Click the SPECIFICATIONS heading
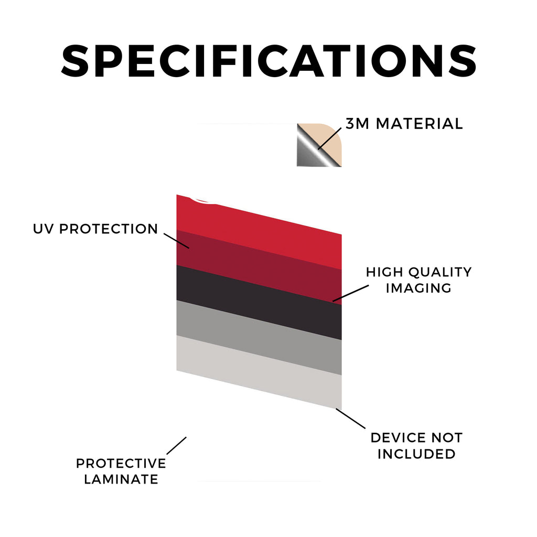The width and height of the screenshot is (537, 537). [268, 61]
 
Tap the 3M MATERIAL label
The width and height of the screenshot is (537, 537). [404, 124]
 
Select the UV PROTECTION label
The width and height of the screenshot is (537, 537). [95, 229]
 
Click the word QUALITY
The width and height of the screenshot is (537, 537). [440, 272]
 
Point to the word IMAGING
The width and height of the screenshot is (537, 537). [418, 288]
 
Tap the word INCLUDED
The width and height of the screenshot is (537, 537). [416, 454]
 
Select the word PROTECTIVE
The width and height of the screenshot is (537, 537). [121, 464]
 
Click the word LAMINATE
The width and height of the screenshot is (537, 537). [121, 479]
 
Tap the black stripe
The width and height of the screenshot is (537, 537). [259, 303]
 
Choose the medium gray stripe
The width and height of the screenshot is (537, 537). [259, 338]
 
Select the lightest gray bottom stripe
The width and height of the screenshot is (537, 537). [259, 373]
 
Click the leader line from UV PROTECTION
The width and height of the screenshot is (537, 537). [176, 241]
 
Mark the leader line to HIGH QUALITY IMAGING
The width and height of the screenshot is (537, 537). [350, 293]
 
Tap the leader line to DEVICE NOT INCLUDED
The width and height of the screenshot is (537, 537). [350, 418]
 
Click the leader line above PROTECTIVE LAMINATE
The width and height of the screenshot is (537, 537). [176, 446]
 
